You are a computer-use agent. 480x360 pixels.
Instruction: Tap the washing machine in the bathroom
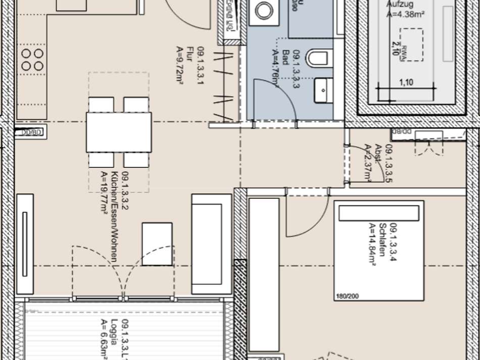point(263,10)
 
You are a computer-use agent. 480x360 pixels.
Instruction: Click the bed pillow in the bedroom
point(378,213)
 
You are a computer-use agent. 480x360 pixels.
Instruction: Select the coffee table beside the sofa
point(157,244)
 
